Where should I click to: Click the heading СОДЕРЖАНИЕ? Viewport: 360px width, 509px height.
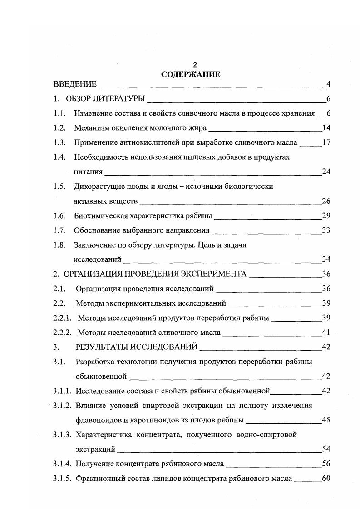(x=191, y=74)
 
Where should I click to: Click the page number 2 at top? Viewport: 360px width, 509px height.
(x=195, y=65)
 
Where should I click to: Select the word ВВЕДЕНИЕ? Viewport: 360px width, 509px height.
(x=75, y=84)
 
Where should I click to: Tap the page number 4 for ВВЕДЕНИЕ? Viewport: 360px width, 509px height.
(x=328, y=84)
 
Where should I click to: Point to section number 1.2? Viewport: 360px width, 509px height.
(x=59, y=128)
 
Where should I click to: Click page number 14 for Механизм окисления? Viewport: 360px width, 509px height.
(x=325, y=128)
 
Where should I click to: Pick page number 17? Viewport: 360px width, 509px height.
(x=325, y=142)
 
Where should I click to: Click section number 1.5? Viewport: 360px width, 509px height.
(x=59, y=186)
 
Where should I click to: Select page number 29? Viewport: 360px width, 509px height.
(x=325, y=215)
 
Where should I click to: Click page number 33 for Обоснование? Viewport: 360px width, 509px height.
(x=325, y=230)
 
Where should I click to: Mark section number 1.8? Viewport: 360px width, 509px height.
(x=59, y=245)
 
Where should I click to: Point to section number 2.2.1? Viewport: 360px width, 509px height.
(x=63, y=318)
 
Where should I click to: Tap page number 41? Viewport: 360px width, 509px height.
(x=325, y=333)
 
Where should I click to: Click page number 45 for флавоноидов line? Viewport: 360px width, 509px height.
(x=325, y=420)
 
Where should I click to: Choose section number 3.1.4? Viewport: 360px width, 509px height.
(x=63, y=464)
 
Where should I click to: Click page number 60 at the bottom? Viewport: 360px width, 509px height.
(x=325, y=478)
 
